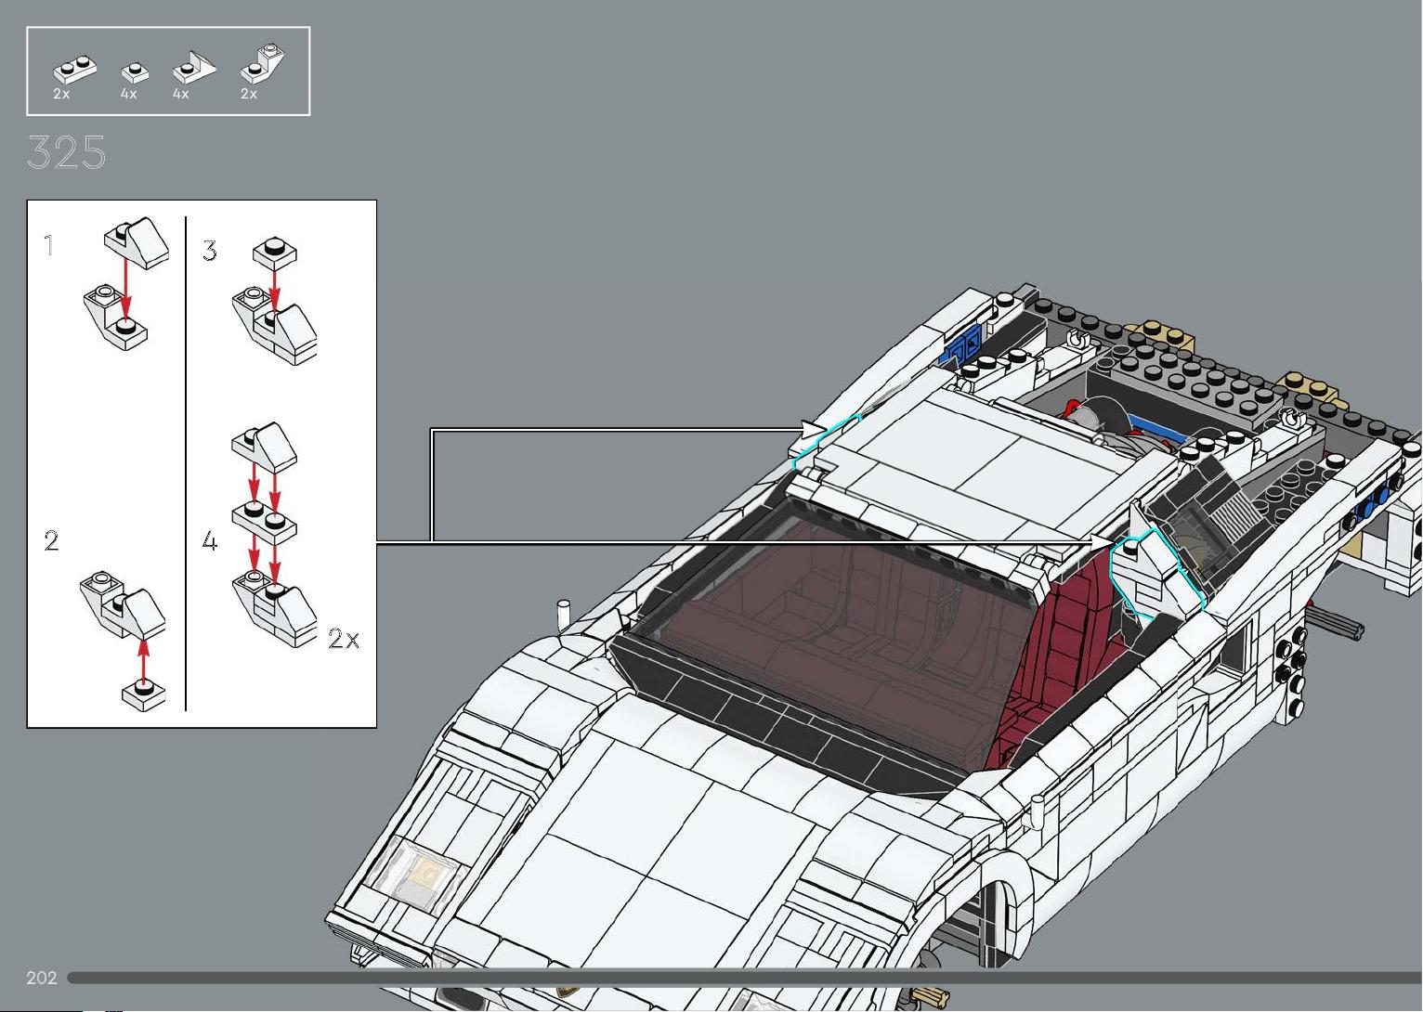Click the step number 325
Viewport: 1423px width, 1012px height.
coord(67,152)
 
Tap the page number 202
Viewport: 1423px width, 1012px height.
coord(42,977)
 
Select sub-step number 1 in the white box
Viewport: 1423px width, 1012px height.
coord(49,245)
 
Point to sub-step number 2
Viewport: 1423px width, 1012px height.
coord(51,540)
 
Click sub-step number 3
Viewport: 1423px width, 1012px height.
coord(210,251)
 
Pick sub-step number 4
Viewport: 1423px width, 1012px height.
coord(210,540)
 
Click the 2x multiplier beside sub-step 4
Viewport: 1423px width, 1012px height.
coord(344,638)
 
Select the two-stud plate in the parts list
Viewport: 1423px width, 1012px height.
coord(75,70)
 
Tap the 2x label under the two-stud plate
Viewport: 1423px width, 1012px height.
coord(61,94)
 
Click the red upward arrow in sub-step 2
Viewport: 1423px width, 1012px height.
coord(144,662)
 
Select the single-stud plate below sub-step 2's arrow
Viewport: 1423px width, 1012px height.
coord(144,694)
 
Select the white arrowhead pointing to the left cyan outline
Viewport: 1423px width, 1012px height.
coord(813,430)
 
